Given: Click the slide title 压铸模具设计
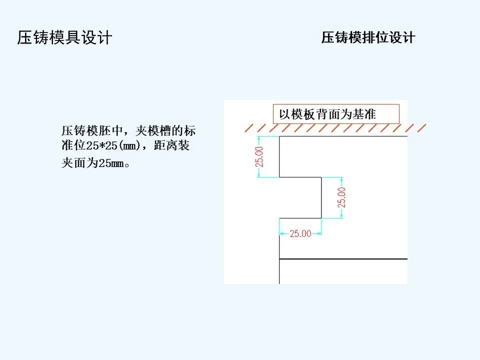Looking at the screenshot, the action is pyautogui.click(x=64, y=38).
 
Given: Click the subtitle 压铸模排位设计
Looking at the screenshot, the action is pyautogui.click(x=368, y=38).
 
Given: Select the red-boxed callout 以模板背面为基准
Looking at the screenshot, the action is pyautogui.click(x=336, y=114).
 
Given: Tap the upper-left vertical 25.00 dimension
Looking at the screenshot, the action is pyautogui.click(x=259, y=156).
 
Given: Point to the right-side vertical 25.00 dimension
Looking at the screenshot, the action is pyautogui.click(x=341, y=197).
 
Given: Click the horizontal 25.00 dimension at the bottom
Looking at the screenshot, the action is pyautogui.click(x=300, y=233).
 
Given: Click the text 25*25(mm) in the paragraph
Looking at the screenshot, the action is pyautogui.click(x=123, y=147).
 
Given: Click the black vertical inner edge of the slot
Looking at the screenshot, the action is pyautogui.click(x=321, y=197).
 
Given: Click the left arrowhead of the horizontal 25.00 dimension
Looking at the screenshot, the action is pyautogui.click(x=281, y=233).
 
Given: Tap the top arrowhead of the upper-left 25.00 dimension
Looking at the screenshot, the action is pyautogui.click(x=259, y=138).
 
